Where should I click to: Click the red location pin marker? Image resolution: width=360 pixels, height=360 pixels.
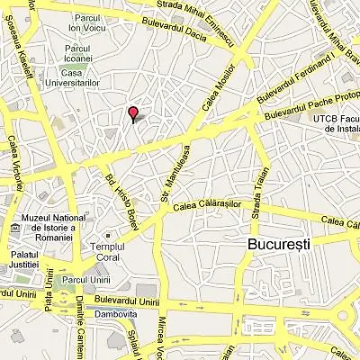tap(133, 113)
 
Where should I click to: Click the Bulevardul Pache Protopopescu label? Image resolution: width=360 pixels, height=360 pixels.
tap(311, 102)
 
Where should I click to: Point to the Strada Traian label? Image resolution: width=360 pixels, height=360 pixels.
tap(256, 200)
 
